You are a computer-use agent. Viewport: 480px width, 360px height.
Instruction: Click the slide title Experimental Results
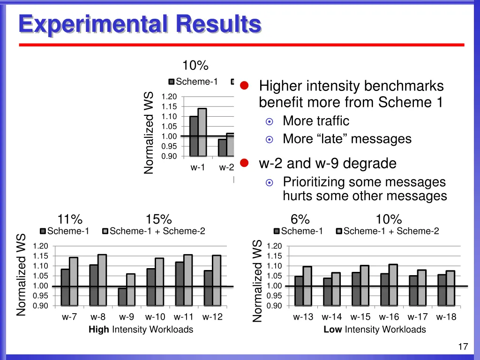pos(139,24)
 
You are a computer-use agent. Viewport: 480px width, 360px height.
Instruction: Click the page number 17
pos(463,347)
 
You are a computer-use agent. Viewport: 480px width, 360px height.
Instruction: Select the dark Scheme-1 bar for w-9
pos(122,297)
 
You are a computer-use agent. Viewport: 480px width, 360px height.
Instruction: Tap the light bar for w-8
pos(102,280)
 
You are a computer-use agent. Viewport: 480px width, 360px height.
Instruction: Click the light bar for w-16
pos(393,285)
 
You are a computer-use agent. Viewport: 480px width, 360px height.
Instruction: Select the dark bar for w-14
pos(327,292)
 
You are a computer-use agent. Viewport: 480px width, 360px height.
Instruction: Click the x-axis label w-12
pos(212,317)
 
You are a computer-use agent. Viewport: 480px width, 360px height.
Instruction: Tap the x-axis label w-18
pos(446,317)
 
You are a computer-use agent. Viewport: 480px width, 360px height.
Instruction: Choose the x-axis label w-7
pos(69,317)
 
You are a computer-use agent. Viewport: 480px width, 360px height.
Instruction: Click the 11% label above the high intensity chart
pos(70,219)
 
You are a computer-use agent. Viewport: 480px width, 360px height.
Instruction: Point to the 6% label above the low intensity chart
pos(300,219)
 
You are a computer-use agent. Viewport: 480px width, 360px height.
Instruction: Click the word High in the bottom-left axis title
pos(98,330)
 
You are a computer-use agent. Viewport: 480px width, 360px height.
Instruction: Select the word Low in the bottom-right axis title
pos(332,330)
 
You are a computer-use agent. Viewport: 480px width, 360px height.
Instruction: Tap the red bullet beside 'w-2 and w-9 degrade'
pos(243,163)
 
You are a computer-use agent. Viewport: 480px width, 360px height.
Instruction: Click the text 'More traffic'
pos(316,121)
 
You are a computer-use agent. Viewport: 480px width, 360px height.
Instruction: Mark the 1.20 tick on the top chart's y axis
pos(169,97)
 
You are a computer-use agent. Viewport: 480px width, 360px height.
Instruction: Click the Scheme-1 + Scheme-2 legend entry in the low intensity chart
pos(390,231)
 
